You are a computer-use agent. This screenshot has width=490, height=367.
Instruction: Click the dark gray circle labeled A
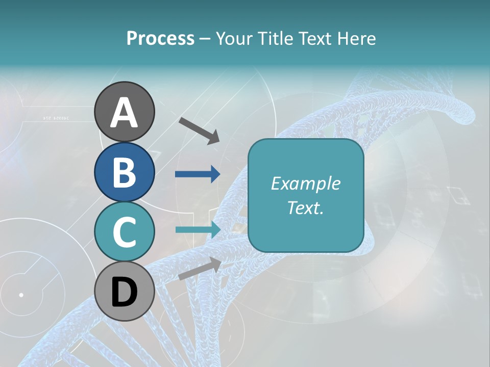124,112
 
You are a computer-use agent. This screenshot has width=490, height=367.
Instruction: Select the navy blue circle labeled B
124,172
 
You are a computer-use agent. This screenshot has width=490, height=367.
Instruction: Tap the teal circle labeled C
124,231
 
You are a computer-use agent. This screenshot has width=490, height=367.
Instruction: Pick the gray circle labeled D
124,292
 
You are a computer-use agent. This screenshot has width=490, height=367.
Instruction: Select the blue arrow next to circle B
198,174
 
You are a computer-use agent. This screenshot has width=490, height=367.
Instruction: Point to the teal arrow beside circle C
198,229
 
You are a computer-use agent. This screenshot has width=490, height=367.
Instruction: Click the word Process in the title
160,38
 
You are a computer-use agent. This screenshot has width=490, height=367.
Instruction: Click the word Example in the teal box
306,183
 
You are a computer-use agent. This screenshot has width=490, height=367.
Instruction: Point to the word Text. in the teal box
306,208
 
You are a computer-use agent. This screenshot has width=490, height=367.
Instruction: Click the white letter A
124,113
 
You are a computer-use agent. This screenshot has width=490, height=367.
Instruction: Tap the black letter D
124,293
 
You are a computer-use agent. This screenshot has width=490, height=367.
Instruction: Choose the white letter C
124,232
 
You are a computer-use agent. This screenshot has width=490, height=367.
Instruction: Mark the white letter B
124,173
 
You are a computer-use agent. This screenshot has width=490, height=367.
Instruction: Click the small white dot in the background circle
21,295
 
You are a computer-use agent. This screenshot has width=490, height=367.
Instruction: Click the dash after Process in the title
205,39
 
